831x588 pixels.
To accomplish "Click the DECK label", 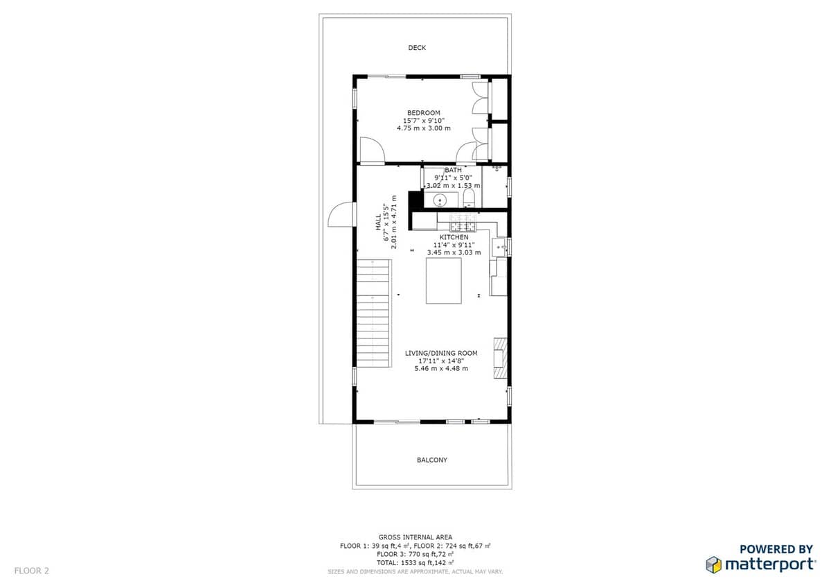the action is [x=417, y=48].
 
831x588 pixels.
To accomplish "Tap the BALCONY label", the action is [x=432, y=460].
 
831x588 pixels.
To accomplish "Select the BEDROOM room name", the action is [x=424, y=113].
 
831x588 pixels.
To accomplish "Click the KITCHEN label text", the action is [x=454, y=237].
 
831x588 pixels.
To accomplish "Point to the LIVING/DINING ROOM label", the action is [x=441, y=353].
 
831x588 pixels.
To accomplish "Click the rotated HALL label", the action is [x=378, y=222].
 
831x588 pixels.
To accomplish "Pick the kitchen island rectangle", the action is [x=444, y=281].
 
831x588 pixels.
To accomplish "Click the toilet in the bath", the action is [x=469, y=198].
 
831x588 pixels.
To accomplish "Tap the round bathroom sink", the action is [x=440, y=200].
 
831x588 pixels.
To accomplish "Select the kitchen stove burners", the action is [x=463, y=223].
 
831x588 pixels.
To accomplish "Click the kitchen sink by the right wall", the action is [x=499, y=247].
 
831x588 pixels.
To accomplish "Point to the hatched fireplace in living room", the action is [x=500, y=358].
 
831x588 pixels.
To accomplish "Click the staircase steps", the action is [x=373, y=313].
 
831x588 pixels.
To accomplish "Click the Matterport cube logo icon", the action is [x=713, y=565].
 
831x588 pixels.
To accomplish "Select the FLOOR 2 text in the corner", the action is [x=32, y=571].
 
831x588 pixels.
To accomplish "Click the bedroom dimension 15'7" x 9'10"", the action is [x=424, y=121].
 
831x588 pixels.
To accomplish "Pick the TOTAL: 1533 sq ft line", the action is [x=415, y=563].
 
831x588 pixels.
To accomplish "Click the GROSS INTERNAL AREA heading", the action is [x=415, y=537].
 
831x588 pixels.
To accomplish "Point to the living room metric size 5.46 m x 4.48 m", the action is [x=441, y=368].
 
